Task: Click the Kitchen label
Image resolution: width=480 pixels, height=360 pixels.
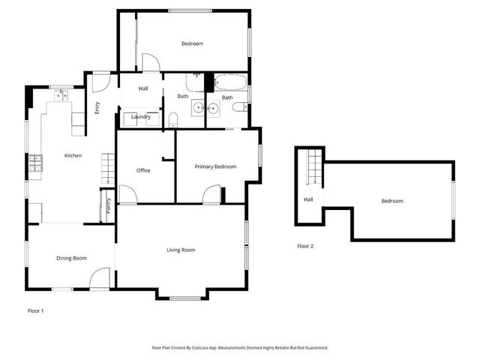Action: coord(73,155)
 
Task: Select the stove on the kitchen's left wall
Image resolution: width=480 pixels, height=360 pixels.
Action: coord(34,163)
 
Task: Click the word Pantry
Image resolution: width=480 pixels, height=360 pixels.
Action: coord(108,206)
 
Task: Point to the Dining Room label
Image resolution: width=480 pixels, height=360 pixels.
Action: coord(71,258)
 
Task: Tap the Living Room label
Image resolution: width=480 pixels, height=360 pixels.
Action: coord(181,250)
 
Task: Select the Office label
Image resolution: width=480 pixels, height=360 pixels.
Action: coord(143,170)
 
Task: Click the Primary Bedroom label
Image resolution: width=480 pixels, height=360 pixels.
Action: coord(215,166)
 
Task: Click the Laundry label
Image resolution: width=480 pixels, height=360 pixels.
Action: coord(141,117)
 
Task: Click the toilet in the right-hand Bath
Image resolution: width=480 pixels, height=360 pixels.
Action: coord(238,109)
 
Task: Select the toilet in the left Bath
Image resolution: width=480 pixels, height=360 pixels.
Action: coord(172,118)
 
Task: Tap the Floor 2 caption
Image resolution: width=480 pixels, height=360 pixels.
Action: coord(305,246)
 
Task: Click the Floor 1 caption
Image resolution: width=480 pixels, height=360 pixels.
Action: coord(35,310)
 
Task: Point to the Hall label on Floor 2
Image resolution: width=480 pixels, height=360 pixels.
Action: coord(308,199)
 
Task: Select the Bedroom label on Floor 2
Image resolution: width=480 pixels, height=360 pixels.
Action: coord(391,201)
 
